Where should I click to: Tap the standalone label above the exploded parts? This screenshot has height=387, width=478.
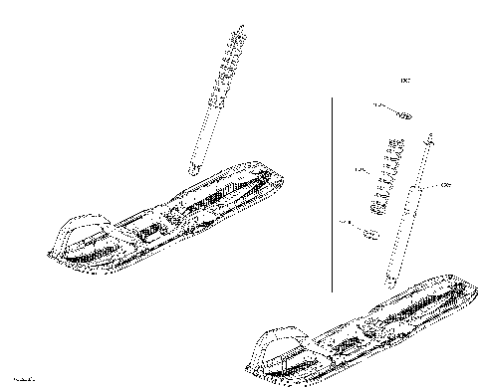pyautogui.click(x=404, y=80)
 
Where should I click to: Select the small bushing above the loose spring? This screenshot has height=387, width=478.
pyautogui.click(x=403, y=113)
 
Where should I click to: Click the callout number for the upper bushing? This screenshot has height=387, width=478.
pyautogui.click(x=377, y=104)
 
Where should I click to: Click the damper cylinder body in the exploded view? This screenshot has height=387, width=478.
pyautogui.click(x=407, y=219)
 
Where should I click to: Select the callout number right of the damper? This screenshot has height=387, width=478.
pyautogui.click(x=445, y=183)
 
